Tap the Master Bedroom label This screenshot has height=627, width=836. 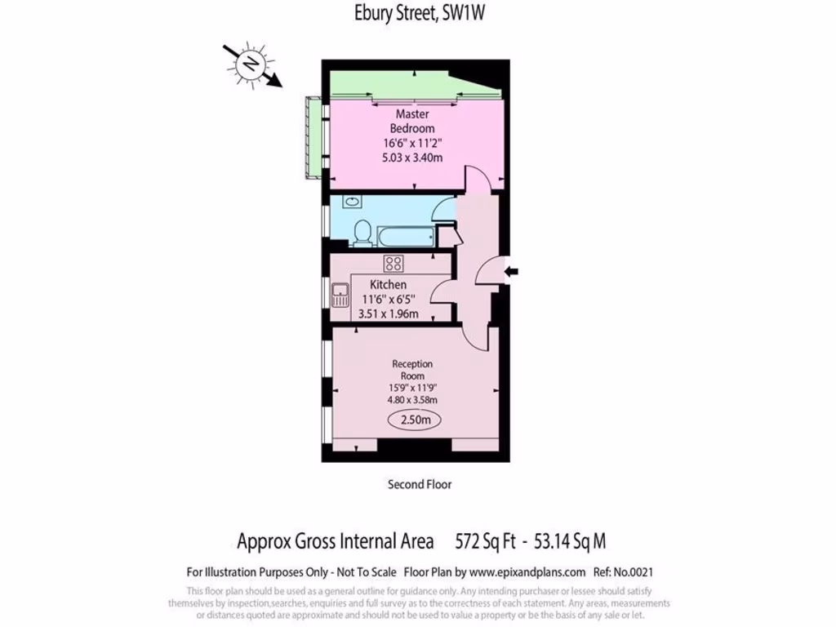coord(411,122)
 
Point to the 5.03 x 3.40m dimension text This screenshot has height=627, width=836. coord(412,158)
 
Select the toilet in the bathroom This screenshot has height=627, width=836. coord(362,233)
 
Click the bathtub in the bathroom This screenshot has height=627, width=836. coord(402,235)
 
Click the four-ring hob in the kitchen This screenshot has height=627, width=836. coord(394,263)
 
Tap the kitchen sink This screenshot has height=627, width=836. coord(340,294)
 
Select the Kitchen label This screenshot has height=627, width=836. coord(388,284)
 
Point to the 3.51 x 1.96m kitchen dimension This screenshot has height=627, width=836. coord(389,313)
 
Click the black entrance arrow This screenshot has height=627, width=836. coord(513,272)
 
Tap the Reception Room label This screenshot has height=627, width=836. coord(412,369)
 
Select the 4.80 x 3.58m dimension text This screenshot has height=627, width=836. coord(412,400)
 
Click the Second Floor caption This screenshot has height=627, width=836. coord(419,484)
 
